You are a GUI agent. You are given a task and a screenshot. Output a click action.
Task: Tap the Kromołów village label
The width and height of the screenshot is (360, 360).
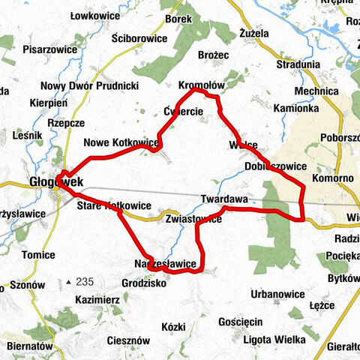click(x=198, y=85)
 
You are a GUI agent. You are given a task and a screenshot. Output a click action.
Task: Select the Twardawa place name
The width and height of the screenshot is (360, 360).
click(x=224, y=199)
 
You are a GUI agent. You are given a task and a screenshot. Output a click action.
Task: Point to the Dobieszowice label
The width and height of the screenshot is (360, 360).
click(x=275, y=166)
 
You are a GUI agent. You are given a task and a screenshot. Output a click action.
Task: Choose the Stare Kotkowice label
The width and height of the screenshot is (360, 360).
click(x=114, y=205)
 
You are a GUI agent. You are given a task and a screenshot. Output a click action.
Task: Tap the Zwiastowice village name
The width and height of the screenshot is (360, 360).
click(x=193, y=220)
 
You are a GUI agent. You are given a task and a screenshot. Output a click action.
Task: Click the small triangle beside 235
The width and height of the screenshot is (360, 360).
click(x=68, y=282)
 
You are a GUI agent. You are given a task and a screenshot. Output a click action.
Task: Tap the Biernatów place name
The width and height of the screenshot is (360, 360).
click(x=29, y=346)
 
